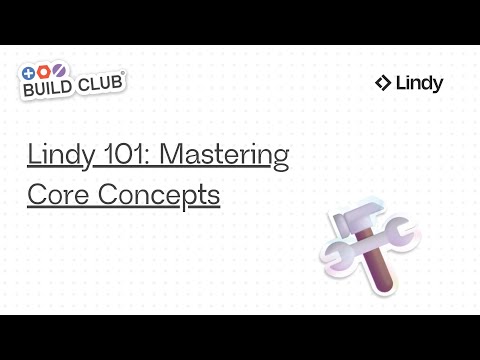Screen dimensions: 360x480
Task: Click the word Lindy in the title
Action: coord(54,156)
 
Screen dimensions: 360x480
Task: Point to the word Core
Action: coord(55,193)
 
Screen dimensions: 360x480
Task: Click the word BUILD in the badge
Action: coord(50,88)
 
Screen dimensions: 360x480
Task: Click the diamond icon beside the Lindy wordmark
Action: coord(382,84)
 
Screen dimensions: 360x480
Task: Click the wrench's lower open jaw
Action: coord(334,263)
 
